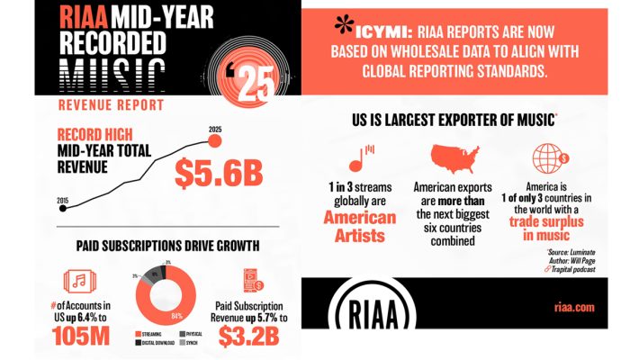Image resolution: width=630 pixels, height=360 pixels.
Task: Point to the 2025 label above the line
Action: pyautogui.click(x=214, y=130)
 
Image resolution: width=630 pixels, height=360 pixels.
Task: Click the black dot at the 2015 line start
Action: pyautogui.click(x=62, y=208)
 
